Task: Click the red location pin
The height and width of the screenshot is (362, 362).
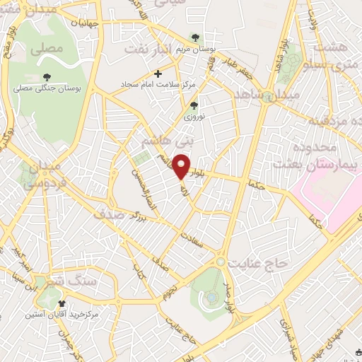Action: [x=182, y=166]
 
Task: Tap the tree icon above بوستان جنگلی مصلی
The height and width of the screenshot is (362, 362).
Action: [x=47, y=77]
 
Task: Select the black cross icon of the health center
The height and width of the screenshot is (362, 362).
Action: [x=158, y=73]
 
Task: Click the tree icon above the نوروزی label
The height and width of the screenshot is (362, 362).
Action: [x=194, y=105]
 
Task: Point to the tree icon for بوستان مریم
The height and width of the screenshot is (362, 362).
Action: [x=196, y=38]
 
